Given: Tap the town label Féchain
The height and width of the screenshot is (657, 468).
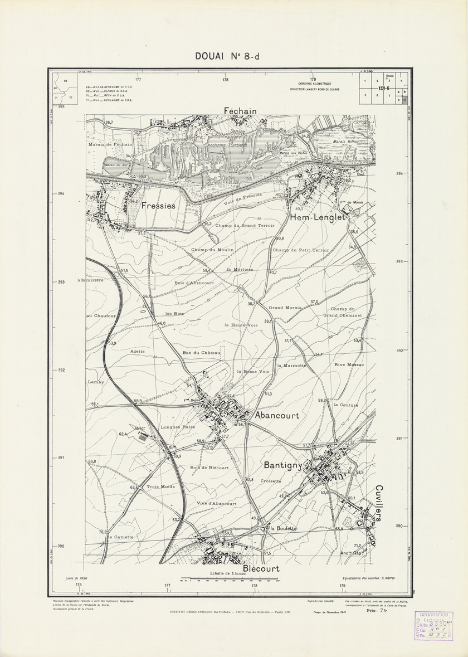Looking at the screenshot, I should pos(240,111).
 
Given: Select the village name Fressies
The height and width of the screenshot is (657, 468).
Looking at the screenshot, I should pos(159,206).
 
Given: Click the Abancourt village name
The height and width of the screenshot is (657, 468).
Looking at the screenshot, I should pos(277,416).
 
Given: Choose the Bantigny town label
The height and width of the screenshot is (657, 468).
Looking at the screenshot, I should pos(283,464).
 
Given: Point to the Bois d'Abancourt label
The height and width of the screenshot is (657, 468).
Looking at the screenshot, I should pos(194,283).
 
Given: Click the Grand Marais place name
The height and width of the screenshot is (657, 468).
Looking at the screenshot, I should pos(285,308).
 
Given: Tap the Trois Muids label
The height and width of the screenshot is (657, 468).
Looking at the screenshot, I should pos(160,486).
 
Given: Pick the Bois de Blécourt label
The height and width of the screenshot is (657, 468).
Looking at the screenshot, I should pos(209,468).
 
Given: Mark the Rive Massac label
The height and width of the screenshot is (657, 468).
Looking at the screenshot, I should pos(349,365).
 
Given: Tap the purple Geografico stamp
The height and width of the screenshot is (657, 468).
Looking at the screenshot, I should pos(438,625).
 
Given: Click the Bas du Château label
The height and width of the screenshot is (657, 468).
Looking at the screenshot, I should pos(202,353).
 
